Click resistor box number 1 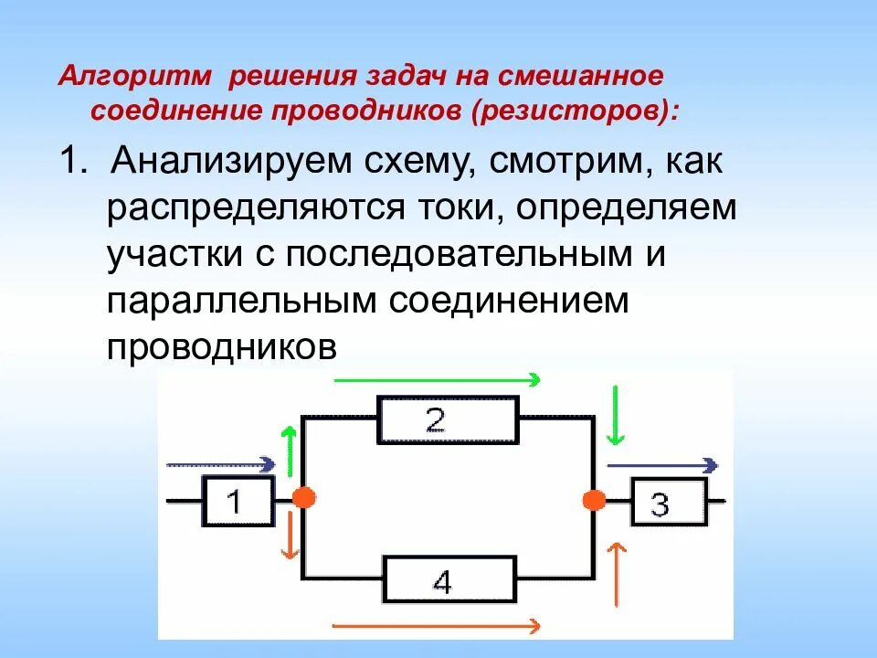tap(238, 501)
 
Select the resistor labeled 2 tap(449, 419)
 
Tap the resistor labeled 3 tap(667, 502)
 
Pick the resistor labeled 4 tap(447, 579)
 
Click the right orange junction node tap(595, 500)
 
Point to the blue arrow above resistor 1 tap(219, 464)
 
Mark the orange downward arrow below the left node tap(290, 536)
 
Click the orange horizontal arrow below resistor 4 tap(436, 626)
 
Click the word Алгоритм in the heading tap(136, 75)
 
